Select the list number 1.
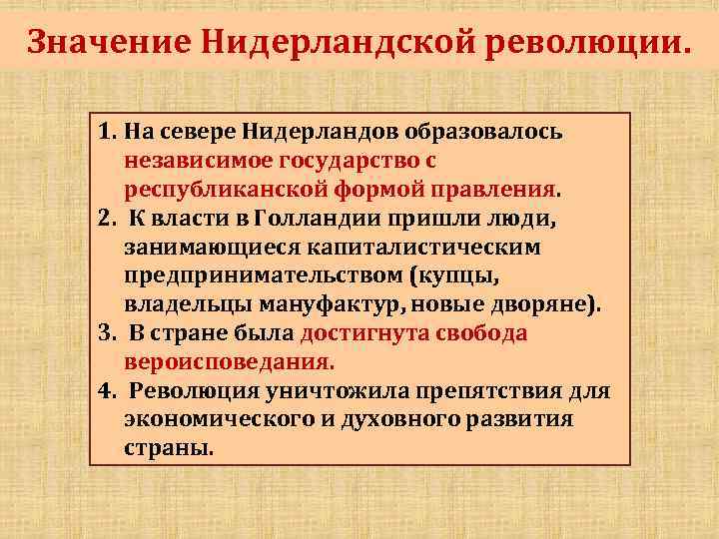pos(107,133)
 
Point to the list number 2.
pos(107,220)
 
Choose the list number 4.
pos(107,391)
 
